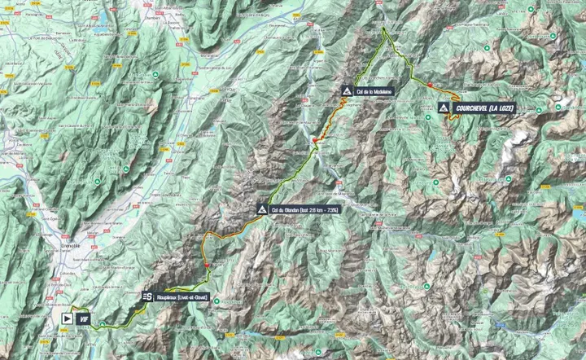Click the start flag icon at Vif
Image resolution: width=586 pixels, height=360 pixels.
pos(66,318)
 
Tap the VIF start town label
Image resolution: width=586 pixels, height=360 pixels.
pos(83,318)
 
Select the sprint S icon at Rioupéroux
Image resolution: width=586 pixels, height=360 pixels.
pos(146,297)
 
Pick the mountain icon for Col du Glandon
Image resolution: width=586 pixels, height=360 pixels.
pos(261,209)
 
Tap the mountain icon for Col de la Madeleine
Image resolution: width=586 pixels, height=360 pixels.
pos(348,91)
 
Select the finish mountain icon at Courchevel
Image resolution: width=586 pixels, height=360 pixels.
pos(443,108)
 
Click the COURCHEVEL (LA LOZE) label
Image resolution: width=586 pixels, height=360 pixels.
pos(485,108)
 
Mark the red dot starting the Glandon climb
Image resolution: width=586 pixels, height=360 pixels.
pos(208,264)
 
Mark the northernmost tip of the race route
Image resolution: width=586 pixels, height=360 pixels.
pos(383,29)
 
